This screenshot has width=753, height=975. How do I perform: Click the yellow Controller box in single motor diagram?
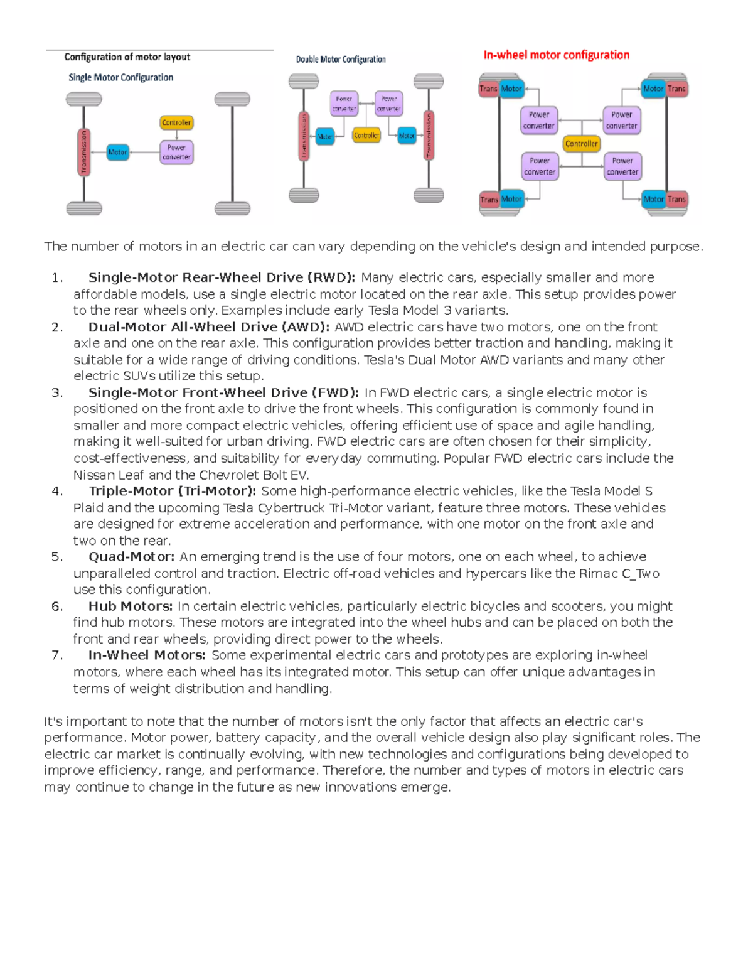(176, 122)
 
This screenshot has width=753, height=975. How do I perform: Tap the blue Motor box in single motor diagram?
(117, 152)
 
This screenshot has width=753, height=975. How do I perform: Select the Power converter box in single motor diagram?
(176, 153)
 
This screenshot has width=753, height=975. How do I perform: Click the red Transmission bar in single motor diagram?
(83, 152)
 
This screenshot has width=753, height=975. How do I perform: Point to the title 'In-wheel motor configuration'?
(556, 55)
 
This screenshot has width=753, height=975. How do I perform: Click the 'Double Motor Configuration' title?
(341, 60)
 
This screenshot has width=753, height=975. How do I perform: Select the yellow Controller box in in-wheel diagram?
(581, 144)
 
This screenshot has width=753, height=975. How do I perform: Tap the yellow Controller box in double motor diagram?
(366, 135)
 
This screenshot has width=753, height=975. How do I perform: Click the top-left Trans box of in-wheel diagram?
(488, 89)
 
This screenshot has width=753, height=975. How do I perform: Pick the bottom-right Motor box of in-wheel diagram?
(653, 199)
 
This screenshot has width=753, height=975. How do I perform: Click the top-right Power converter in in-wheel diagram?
(621, 120)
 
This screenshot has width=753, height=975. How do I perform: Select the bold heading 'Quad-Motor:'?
(131, 557)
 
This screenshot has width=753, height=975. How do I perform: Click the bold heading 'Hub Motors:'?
(131, 606)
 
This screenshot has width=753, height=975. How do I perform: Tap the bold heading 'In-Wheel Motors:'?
(147, 655)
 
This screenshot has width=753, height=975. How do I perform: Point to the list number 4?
(57, 492)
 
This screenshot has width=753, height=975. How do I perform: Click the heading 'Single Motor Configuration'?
(120, 78)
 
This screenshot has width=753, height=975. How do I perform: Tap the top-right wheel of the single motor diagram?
(232, 99)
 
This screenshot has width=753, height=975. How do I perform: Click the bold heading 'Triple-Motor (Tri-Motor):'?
(172, 492)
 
